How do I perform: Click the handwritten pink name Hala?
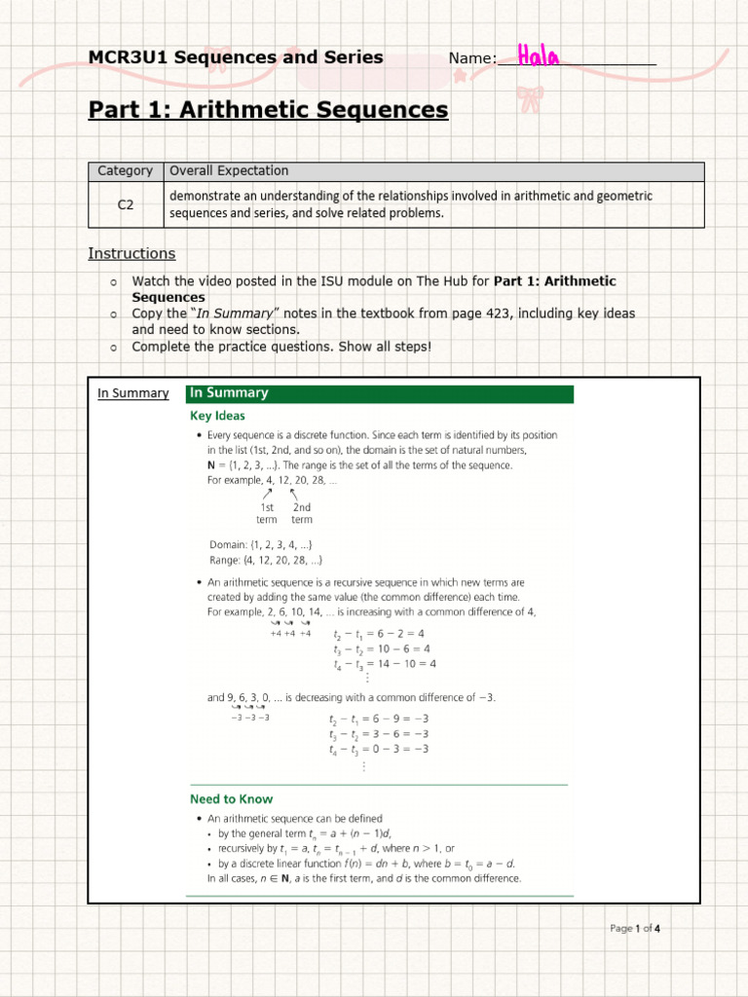pos(539,55)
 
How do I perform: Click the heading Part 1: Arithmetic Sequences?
pos(268,110)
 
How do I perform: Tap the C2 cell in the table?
pos(126,204)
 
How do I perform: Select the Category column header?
pos(126,171)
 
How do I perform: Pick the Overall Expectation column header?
pos(229,171)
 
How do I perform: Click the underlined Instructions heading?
pos(131,253)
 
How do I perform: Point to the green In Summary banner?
pos(380,393)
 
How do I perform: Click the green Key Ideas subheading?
pos(217,416)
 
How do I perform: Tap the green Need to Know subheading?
pos(231,799)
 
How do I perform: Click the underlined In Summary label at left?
pos(132,393)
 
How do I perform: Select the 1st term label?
pos(267,513)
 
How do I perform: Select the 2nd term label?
pos(302,513)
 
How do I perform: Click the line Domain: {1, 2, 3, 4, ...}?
pos(261,544)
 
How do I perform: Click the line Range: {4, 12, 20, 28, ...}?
pos(266,560)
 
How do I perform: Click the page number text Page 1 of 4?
pos(635,928)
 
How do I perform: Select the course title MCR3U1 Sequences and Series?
pos(236,57)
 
